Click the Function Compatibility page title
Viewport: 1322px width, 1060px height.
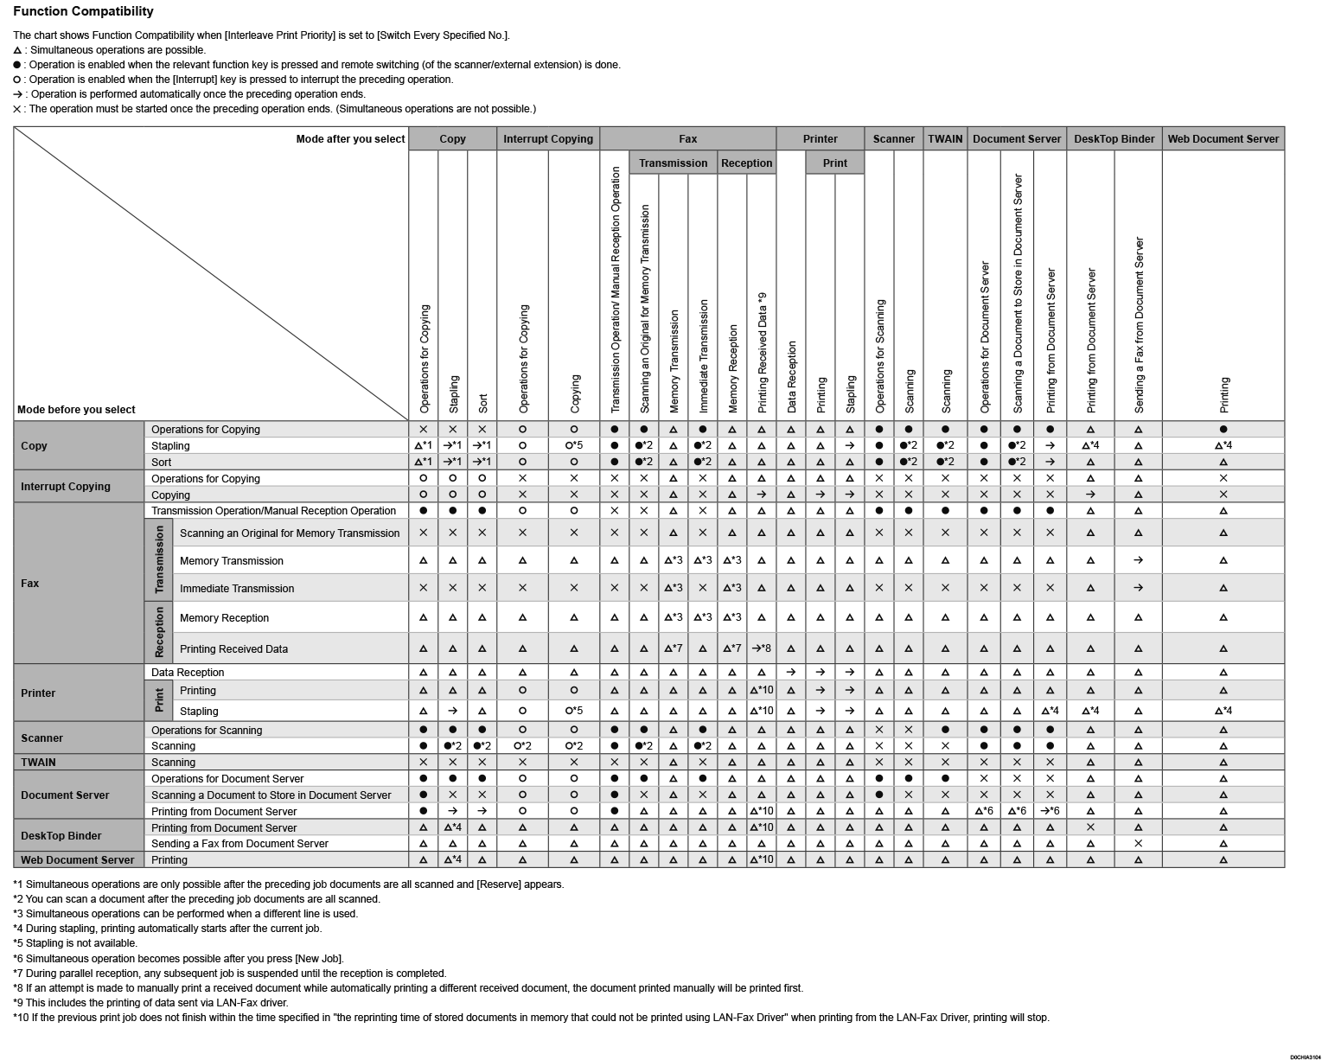point(83,11)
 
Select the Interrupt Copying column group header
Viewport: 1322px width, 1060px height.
point(548,138)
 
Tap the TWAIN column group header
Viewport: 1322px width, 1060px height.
point(945,138)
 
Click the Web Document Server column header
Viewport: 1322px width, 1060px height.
point(1223,138)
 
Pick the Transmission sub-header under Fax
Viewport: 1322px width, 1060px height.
point(673,163)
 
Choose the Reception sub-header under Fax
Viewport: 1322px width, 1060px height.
point(746,163)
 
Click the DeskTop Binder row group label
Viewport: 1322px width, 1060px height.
point(61,835)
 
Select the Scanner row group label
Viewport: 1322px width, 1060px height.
point(42,738)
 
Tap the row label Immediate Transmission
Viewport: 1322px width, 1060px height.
point(237,588)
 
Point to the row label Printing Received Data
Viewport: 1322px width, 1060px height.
point(233,648)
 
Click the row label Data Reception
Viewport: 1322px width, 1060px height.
point(188,672)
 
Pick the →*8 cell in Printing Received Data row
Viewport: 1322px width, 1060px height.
point(761,648)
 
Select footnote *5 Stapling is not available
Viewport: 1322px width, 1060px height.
point(75,943)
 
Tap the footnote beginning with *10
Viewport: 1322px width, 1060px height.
point(531,1018)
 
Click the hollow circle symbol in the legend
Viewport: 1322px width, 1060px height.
point(17,80)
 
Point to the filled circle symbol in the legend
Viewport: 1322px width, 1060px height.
point(17,65)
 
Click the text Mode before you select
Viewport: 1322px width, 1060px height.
point(76,409)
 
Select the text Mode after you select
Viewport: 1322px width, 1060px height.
point(350,138)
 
